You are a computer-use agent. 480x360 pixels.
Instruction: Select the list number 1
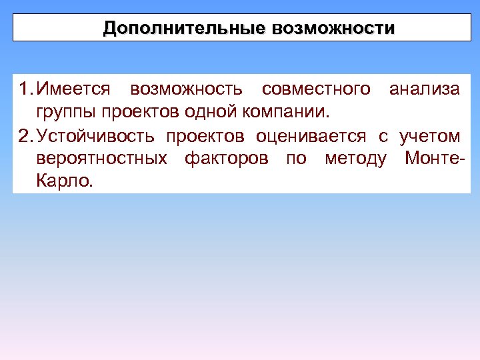pyautogui.click(x=24, y=89)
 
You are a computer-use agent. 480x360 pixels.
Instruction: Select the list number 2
pyautogui.click(x=24, y=137)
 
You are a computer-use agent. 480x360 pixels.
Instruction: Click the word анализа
pyautogui.click(x=425, y=89)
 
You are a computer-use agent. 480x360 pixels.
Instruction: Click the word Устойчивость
pyautogui.click(x=97, y=137)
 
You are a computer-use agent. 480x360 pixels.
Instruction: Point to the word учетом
pyautogui.click(x=429, y=137)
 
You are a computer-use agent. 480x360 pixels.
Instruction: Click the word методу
pyautogui.click(x=355, y=159)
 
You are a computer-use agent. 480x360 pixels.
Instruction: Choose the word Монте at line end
pyautogui.click(x=432, y=159)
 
